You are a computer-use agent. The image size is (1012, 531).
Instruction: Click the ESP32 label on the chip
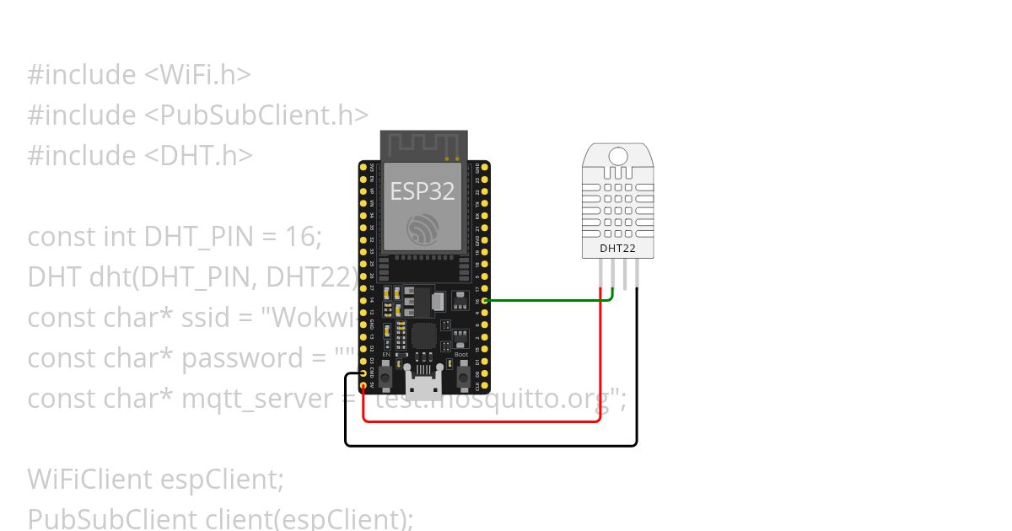tap(423, 191)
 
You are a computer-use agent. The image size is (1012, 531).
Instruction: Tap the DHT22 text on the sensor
tap(618, 249)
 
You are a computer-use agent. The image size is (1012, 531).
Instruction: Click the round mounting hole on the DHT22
tap(618, 155)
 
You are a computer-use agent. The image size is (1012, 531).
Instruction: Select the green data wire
tap(548, 299)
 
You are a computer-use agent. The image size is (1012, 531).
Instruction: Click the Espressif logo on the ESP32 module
tap(423, 228)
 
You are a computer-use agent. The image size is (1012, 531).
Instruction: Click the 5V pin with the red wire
tap(363, 387)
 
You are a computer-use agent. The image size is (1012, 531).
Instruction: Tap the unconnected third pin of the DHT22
tap(625, 274)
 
